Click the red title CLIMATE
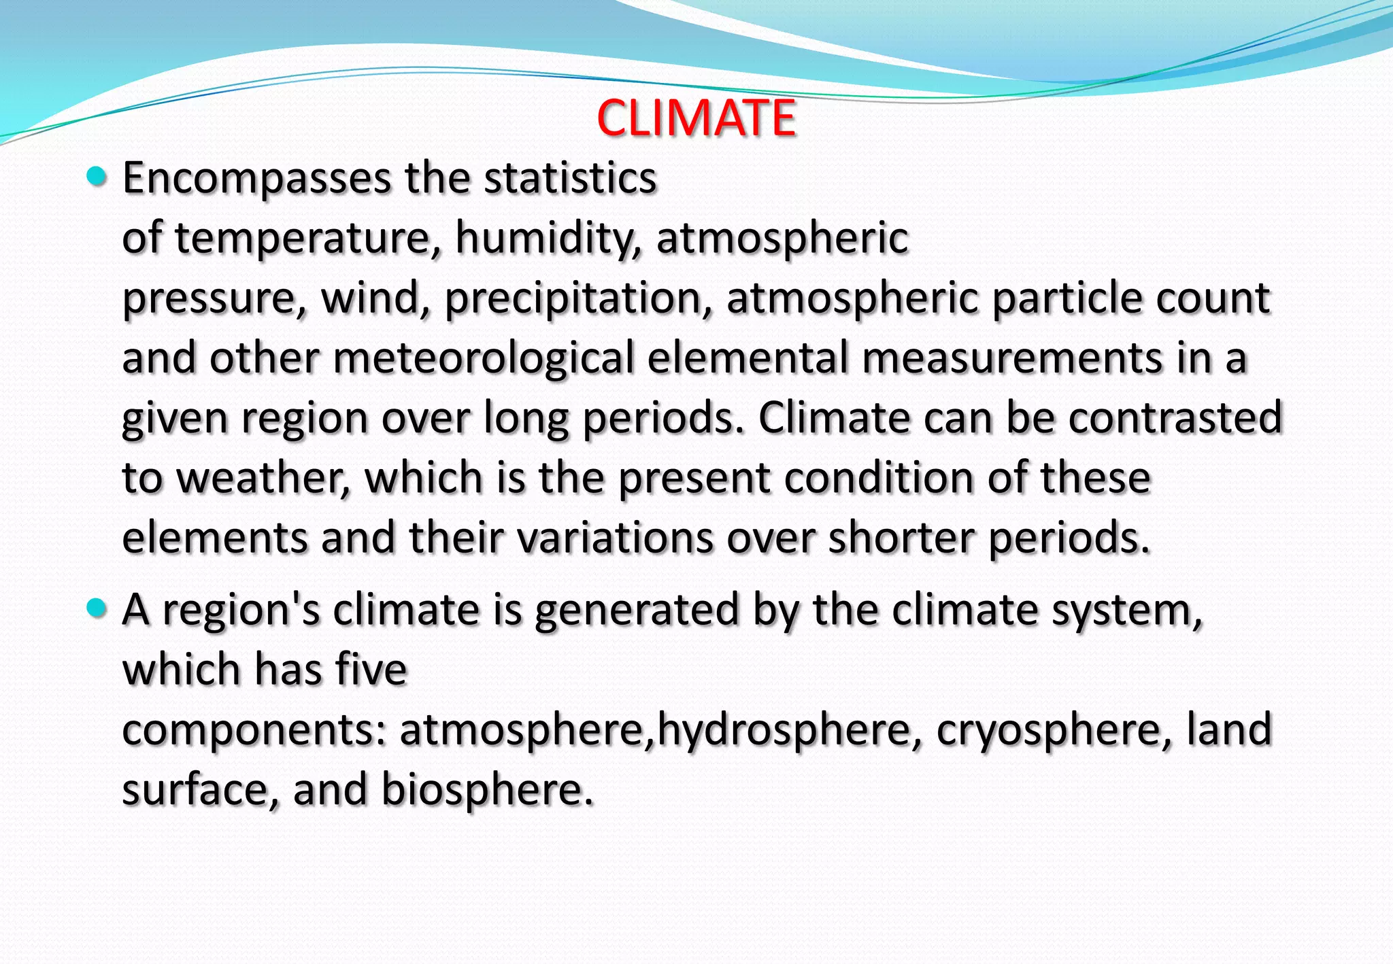696,118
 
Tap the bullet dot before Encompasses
98,177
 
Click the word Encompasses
257,179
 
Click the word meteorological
483,358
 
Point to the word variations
615,538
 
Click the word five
371,670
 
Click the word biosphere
487,789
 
